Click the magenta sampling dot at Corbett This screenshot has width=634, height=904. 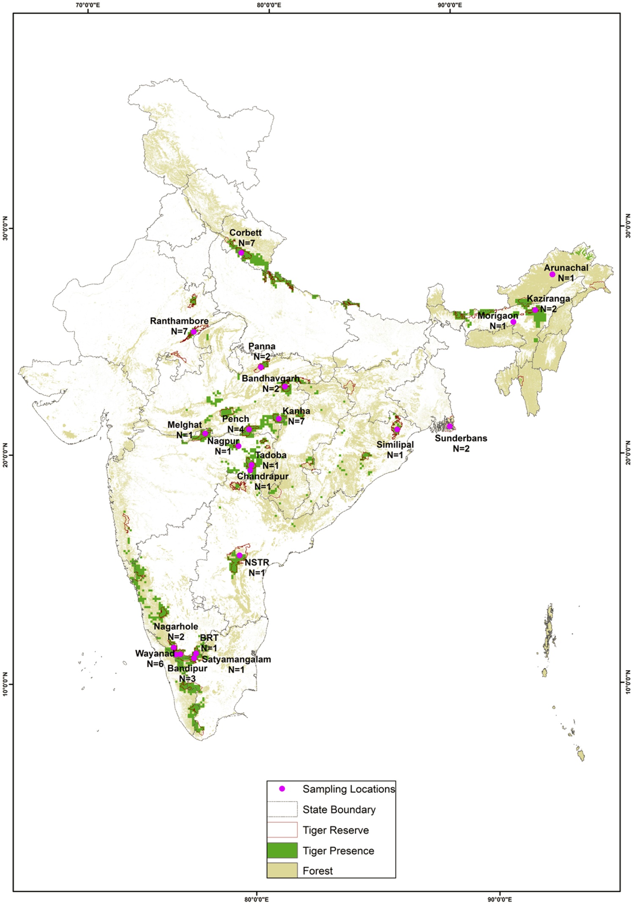[241, 253]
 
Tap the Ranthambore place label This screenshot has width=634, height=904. [179, 321]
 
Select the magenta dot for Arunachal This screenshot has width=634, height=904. [552, 274]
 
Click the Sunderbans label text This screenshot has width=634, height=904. [461, 438]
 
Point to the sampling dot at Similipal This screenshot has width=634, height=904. [397, 429]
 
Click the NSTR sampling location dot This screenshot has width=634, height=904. [239, 555]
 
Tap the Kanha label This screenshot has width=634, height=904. [296, 411]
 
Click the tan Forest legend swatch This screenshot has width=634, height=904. [282, 871]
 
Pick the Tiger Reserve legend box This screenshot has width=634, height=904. [282, 830]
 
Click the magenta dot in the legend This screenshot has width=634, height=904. [282, 789]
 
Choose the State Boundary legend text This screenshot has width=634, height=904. [339, 810]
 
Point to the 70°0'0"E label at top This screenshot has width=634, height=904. [88, 5]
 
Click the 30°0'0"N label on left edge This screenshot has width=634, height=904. [5, 228]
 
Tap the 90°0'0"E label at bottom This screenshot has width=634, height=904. [500, 899]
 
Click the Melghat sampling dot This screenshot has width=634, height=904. [205, 433]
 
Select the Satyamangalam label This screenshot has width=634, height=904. [236, 659]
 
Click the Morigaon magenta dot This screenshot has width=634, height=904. [513, 322]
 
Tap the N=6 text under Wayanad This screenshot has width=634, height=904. [155, 664]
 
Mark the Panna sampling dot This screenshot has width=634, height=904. [261, 367]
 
